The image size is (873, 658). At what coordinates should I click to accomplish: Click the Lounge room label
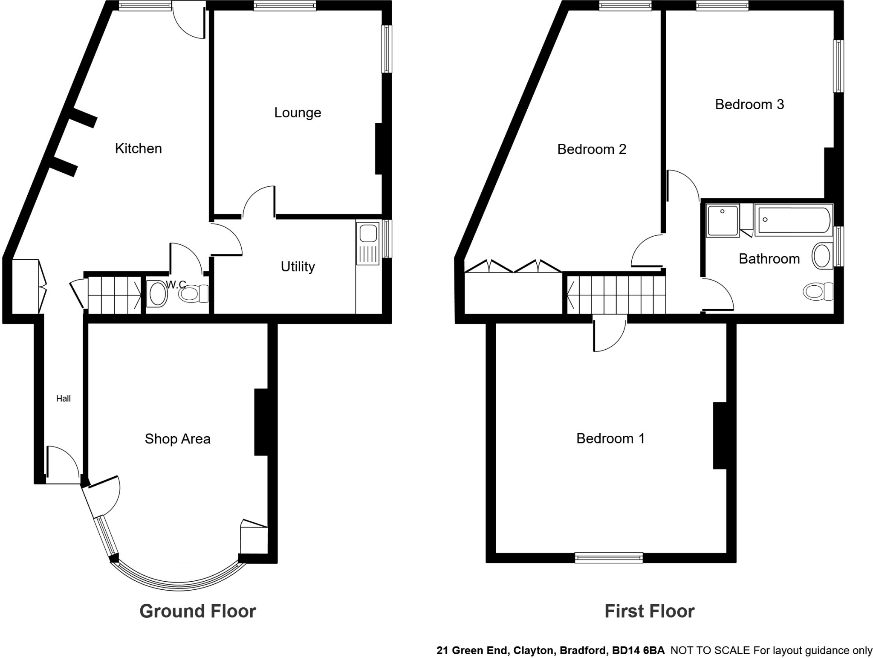[x=298, y=113]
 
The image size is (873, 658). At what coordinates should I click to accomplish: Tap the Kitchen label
[x=139, y=148]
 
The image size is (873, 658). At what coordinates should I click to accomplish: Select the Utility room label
[x=298, y=267]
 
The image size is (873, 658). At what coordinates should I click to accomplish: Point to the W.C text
[x=176, y=284]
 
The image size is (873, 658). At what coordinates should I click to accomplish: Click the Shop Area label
[x=177, y=439]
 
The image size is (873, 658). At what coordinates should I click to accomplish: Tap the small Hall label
[x=64, y=399]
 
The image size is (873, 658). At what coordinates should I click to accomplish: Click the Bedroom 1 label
[x=610, y=438]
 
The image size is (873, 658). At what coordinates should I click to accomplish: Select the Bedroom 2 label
[x=592, y=149]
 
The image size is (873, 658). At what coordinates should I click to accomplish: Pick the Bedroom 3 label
[x=749, y=104]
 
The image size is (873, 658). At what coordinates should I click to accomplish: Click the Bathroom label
[x=769, y=259]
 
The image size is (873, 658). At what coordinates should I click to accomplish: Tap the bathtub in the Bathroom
[x=793, y=220]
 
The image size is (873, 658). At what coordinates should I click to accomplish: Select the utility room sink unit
[x=367, y=243]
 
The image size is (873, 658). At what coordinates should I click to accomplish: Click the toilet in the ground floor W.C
[x=193, y=294]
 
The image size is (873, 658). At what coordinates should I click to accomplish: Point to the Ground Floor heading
[x=197, y=611]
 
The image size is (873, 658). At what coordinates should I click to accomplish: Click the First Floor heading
[x=649, y=611]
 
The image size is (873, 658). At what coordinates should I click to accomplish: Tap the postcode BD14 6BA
[x=638, y=650]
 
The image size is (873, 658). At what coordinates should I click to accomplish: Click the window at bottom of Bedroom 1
[x=608, y=557]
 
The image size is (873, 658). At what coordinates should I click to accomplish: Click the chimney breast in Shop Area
[x=260, y=422]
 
